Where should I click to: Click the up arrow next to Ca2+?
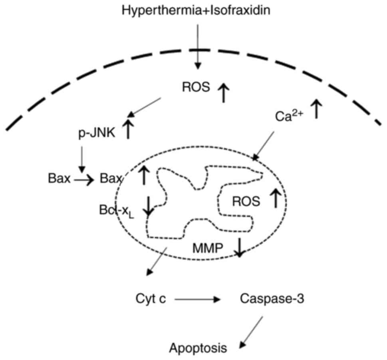[317, 109]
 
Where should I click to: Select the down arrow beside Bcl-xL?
[148, 206]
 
